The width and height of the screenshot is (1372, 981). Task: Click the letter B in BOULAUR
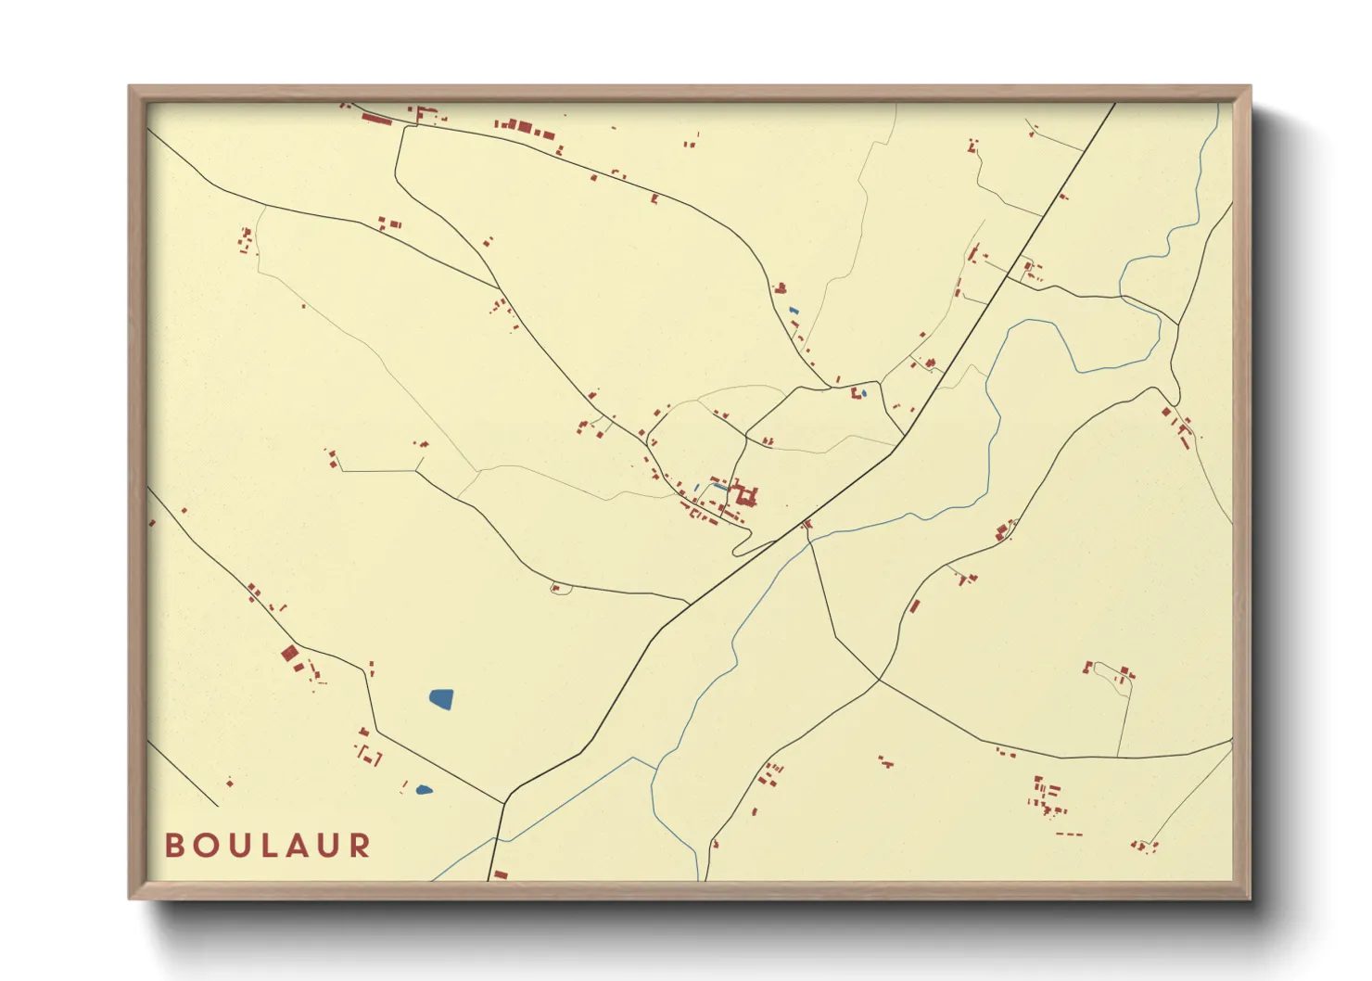pyautogui.click(x=173, y=846)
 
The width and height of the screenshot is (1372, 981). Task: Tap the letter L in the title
pyautogui.click(x=268, y=846)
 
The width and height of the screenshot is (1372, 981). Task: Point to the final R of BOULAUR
pyautogui.click(x=360, y=846)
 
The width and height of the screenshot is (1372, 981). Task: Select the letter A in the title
pyautogui.click(x=298, y=846)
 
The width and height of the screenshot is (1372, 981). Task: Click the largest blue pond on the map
pyautogui.click(x=441, y=699)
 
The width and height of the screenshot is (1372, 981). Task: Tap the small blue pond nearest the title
pyautogui.click(x=424, y=790)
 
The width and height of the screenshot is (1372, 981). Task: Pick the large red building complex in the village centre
pyautogui.click(x=743, y=496)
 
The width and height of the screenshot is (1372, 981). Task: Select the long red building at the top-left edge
pyautogui.click(x=376, y=119)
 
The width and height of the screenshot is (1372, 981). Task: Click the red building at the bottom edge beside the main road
pyautogui.click(x=500, y=874)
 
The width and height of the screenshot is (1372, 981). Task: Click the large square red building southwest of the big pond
pyautogui.click(x=289, y=654)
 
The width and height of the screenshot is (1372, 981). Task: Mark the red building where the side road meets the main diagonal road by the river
pyautogui.click(x=807, y=525)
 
